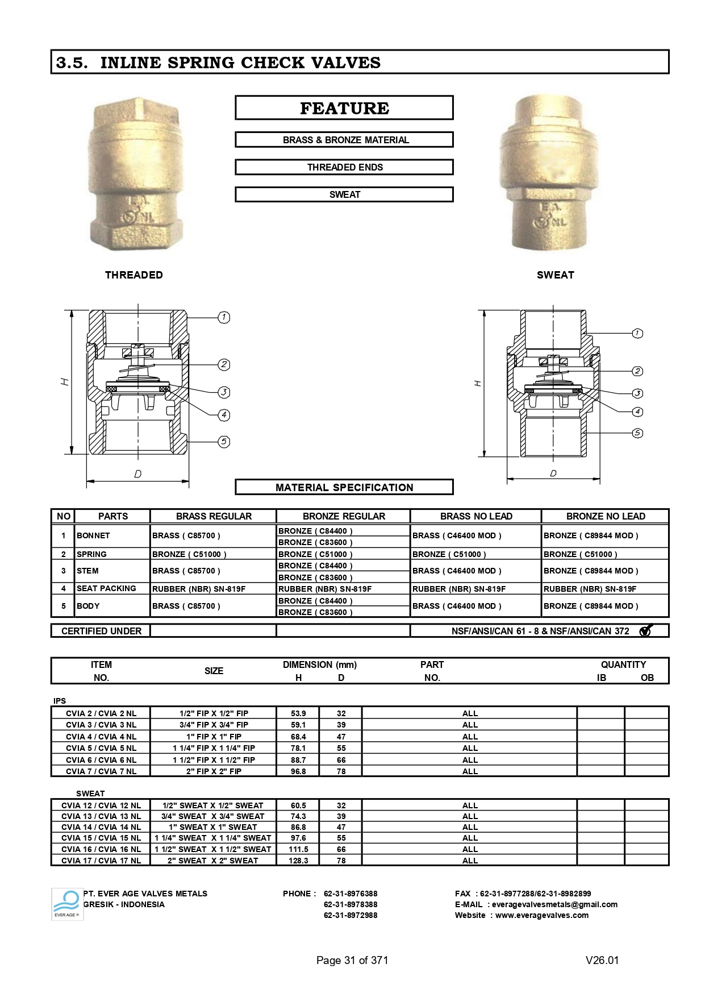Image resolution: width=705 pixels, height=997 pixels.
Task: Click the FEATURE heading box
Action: [344, 108]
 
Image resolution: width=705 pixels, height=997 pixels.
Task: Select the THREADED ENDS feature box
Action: [344, 167]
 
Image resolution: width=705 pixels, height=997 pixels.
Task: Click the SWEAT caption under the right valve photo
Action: [555, 275]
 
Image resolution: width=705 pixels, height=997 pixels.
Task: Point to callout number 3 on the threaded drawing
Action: [224, 392]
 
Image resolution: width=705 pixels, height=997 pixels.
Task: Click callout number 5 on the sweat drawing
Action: [637, 433]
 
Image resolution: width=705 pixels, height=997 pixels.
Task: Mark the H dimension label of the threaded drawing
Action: [66, 382]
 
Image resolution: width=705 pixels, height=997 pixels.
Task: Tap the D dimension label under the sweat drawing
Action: [553, 473]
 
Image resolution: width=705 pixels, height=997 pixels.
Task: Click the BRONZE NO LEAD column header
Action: [606, 516]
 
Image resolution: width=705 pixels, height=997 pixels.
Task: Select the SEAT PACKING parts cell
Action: [106, 588]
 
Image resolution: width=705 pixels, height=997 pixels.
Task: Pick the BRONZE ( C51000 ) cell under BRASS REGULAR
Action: [189, 554]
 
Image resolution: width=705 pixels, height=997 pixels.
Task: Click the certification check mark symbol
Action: [645, 631]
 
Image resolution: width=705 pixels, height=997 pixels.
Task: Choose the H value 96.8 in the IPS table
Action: [298, 771]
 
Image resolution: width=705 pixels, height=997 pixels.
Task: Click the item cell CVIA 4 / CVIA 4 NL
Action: [101, 737]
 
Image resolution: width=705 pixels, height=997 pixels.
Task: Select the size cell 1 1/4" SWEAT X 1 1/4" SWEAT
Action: [213, 838]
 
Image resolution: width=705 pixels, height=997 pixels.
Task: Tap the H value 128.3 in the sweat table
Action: [298, 861]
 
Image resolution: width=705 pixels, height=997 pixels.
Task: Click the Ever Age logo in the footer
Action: [67, 904]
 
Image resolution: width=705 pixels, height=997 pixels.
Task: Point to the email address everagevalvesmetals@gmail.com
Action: [554, 904]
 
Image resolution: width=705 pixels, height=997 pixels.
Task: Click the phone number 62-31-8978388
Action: [351, 904]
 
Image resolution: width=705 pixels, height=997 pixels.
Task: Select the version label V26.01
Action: [602, 960]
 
